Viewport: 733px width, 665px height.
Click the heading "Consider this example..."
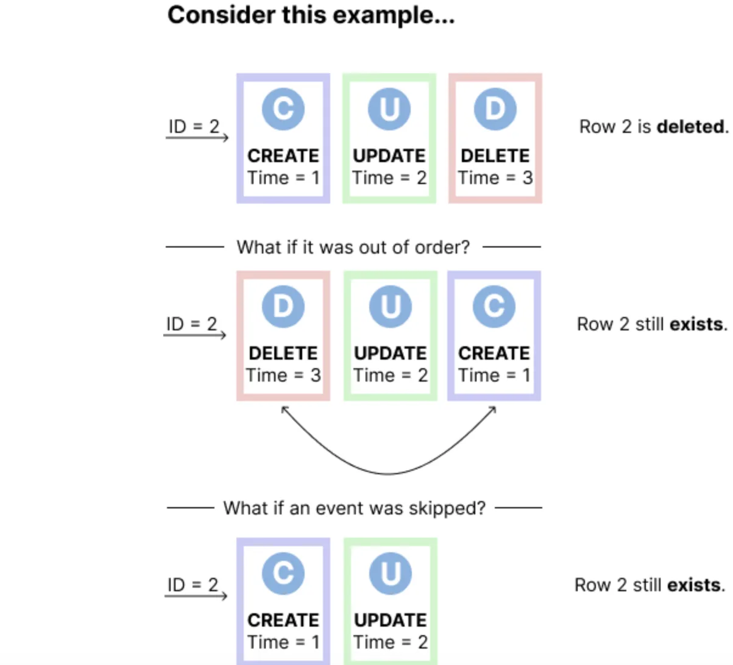click(311, 16)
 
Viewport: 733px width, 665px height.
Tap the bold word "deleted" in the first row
click(690, 127)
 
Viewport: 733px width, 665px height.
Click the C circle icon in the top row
click(283, 109)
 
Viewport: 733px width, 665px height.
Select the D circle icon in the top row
click(495, 109)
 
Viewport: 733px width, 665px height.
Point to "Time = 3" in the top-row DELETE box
click(495, 178)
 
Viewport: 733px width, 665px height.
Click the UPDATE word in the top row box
click(389, 156)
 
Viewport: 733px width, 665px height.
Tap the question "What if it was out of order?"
click(353, 247)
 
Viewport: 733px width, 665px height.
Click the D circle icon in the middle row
click(283, 307)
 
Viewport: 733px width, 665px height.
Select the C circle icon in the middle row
click(494, 307)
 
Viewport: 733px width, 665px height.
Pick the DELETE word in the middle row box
click(283, 354)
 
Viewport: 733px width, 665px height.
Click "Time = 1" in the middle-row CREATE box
click(494, 375)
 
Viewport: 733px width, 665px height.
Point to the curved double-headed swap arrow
click(388, 474)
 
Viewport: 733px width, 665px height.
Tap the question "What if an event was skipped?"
click(355, 508)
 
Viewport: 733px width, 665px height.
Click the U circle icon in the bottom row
click(390, 573)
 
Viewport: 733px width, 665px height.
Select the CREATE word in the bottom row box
click(283, 621)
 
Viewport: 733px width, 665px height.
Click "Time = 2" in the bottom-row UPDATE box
click(390, 642)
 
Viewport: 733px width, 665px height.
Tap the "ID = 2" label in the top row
click(194, 127)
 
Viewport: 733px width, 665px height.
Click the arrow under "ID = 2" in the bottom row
click(196, 596)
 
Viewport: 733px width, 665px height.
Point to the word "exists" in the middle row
click(696, 324)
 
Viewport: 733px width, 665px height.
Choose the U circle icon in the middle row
click(390, 307)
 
